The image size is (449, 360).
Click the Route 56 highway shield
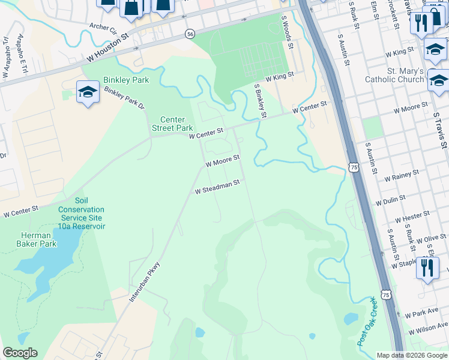(x=190, y=34)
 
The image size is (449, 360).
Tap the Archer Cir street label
(x=103, y=27)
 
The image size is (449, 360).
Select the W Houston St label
(x=108, y=48)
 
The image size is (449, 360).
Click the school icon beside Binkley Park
(x=88, y=93)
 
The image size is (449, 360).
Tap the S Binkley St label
(x=260, y=100)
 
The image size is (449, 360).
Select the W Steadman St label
(x=217, y=187)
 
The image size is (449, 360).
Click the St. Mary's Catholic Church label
(x=396, y=75)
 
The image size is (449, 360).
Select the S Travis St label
(x=441, y=130)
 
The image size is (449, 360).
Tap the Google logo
(x=20, y=353)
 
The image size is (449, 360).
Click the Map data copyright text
(x=411, y=355)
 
